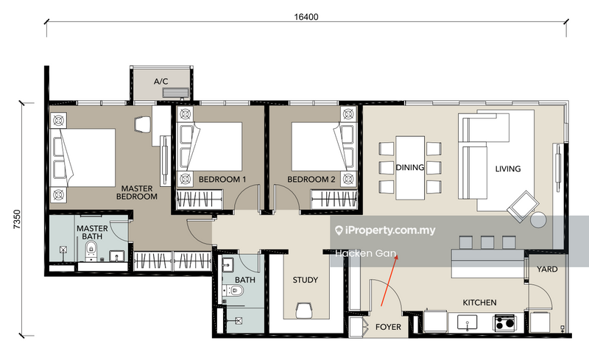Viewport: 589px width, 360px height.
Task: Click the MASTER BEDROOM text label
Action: click(x=138, y=192)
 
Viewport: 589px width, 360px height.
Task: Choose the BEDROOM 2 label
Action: click(x=311, y=179)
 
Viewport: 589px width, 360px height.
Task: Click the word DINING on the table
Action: click(x=409, y=167)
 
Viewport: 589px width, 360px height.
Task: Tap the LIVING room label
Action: click(x=507, y=169)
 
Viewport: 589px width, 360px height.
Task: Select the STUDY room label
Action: click(x=305, y=280)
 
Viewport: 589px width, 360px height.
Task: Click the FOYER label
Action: click(x=389, y=326)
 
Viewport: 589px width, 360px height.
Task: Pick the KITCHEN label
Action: click(x=479, y=303)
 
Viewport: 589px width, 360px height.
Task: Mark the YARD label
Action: click(x=546, y=269)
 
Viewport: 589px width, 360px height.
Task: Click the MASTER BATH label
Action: click(x=93, y=233)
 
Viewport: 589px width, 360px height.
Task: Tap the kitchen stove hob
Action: click(x=504, y=322)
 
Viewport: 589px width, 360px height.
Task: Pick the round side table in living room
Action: click(x=539, y=219)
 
